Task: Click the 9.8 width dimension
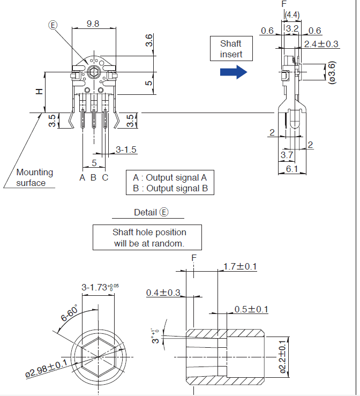click(93, 24)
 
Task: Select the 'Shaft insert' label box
click(231, 49)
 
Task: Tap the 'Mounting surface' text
click(35, 177)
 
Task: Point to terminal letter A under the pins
click(82, 177)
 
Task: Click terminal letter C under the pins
click(105, 177)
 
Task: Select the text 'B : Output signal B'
click(170, 188)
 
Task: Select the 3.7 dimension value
click(287, 155)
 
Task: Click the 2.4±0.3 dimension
click(321, 44)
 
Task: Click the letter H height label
click(39, 92)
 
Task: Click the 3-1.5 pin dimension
click(126, 150)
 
